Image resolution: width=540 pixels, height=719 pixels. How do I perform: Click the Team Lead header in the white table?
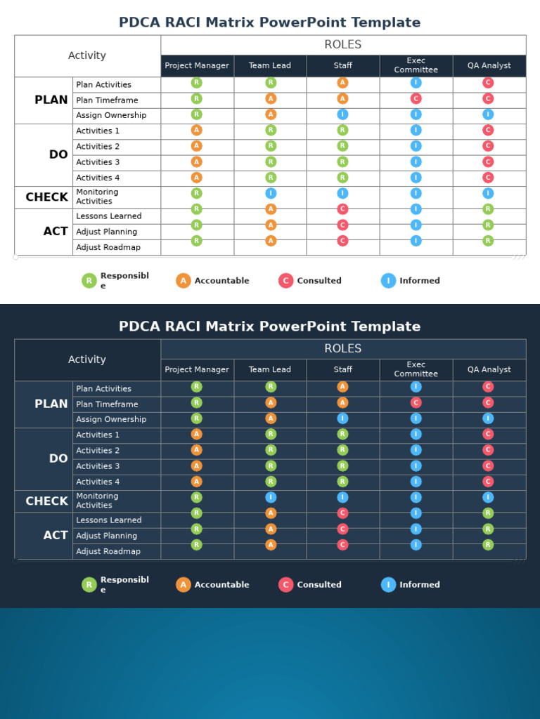click(270, 66)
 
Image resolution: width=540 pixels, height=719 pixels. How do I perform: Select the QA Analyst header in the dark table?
click(489, 370)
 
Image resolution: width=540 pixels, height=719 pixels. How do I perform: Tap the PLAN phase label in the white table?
click(51, 100)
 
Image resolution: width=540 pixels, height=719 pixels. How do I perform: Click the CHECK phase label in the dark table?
click(47, 501)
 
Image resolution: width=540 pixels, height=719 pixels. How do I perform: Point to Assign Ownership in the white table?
click(111, 116)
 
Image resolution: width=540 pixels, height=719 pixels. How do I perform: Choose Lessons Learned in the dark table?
click(109, 520)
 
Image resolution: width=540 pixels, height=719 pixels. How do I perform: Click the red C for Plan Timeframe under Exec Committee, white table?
click(416, 99)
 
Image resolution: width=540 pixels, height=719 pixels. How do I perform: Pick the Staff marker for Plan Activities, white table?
click(342, 83)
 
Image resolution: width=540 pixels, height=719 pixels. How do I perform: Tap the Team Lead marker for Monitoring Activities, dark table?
click(271, 498)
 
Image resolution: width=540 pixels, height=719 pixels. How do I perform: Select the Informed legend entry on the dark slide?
click(411, 585)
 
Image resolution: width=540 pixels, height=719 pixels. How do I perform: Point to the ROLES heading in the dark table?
click(343, 349)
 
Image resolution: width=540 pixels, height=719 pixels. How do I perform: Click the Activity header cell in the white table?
click(87, 56)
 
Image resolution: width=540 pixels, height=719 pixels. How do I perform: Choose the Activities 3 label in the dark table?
click(98, 466)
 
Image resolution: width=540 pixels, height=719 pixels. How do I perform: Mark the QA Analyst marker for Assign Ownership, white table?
click(488, 114)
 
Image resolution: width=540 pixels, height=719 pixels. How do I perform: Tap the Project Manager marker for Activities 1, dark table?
click(197, 435)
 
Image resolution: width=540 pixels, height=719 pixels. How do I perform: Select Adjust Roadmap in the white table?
click(108, 247)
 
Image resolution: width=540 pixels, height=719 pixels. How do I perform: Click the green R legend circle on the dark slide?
click(89, 585)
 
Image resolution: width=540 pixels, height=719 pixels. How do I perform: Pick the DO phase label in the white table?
click(58, 155)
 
